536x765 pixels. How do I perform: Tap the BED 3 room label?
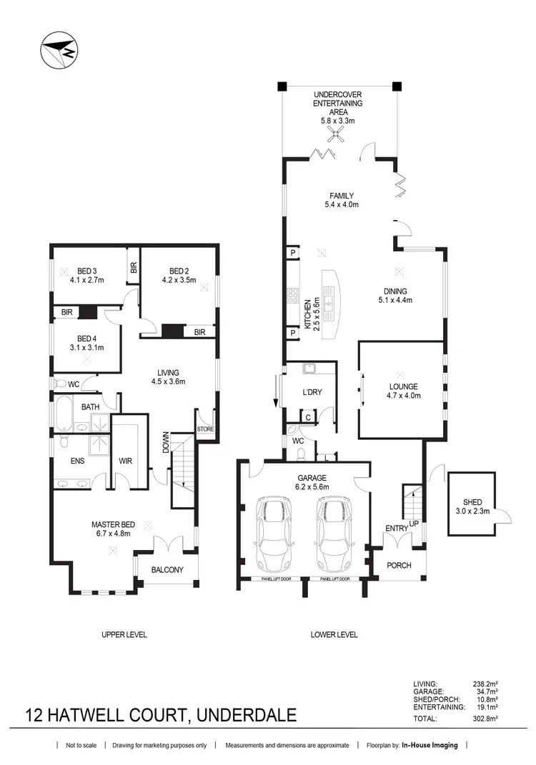(x=87, y=271)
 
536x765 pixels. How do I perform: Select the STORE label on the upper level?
(x=205, y=429)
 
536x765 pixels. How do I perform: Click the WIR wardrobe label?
(x=126, y=461)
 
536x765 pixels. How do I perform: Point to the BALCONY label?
(x=167, y=570)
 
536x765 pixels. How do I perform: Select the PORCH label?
(x=399, y=565)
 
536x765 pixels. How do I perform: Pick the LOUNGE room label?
(x=402, y=386)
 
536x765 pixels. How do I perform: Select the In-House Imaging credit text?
(x=430, y=746)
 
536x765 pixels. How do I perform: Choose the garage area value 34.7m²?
(x=485, y=691)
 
